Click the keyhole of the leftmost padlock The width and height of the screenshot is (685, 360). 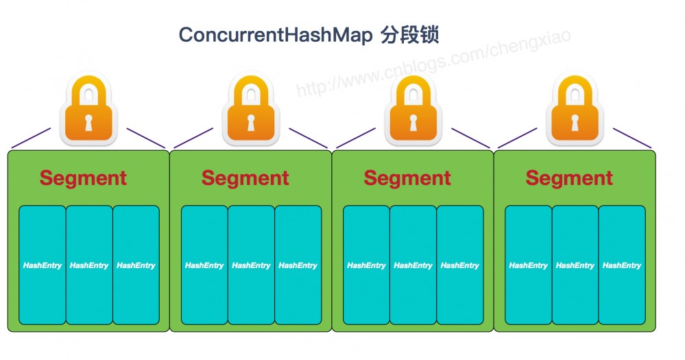coord(88,124)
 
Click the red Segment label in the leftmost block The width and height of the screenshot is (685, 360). coord(83,178)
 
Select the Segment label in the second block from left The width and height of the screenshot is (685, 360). coord(245,178)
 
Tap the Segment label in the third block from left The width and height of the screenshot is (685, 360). coord(407,178)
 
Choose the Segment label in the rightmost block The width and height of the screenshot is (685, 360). coord(569,178)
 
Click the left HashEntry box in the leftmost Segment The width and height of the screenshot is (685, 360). coord(42,265)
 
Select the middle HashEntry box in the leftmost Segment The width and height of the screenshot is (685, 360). coord(89,265)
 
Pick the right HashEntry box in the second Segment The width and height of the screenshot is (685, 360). coord(298,265)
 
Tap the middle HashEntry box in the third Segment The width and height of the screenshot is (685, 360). coord(413,265)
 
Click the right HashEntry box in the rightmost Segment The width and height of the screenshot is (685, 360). coord(622,265)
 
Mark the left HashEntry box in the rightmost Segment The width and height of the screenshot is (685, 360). coord(528,265)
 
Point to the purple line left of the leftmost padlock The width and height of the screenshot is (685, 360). coord(31,138)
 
